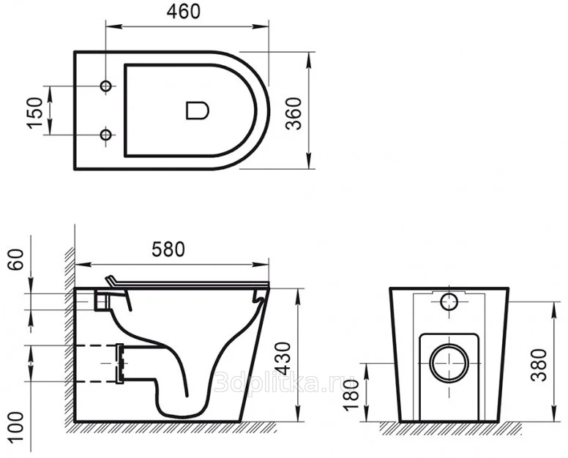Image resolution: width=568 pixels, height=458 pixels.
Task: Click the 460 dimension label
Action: [x=183, y=12]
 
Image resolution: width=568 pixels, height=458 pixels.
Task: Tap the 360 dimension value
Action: [x=294, y=113]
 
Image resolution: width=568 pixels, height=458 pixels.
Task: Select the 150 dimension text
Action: [x=35, y=112]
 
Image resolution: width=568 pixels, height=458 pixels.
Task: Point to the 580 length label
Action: [x=168, y=249]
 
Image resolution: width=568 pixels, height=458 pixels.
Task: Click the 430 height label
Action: [x=283, y=358]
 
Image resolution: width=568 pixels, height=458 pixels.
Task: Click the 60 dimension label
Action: [x=16, y=259]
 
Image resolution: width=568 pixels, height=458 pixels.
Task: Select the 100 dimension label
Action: [x=16, y=427]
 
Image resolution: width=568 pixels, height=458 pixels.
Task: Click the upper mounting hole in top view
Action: [x=106, y=86]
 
